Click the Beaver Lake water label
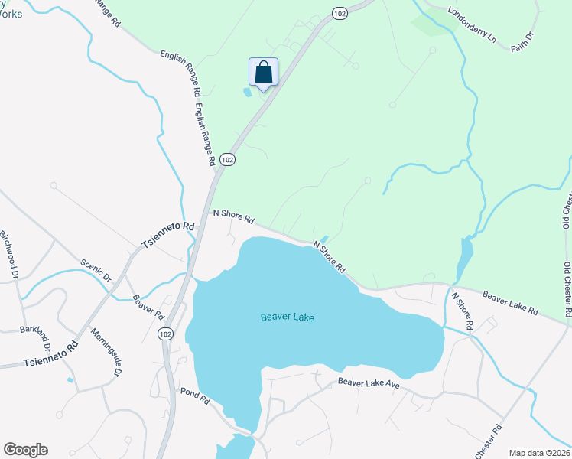[x=287, y=317]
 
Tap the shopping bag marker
[x=263, y=73]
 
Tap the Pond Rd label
[x=195, y=396]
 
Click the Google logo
[x=25, y=450]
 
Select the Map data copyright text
[x=540, y=452]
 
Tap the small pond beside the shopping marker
[x=246, y=93]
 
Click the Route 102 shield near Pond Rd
[x=164, y=334]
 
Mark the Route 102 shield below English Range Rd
[x=226, y=159]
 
